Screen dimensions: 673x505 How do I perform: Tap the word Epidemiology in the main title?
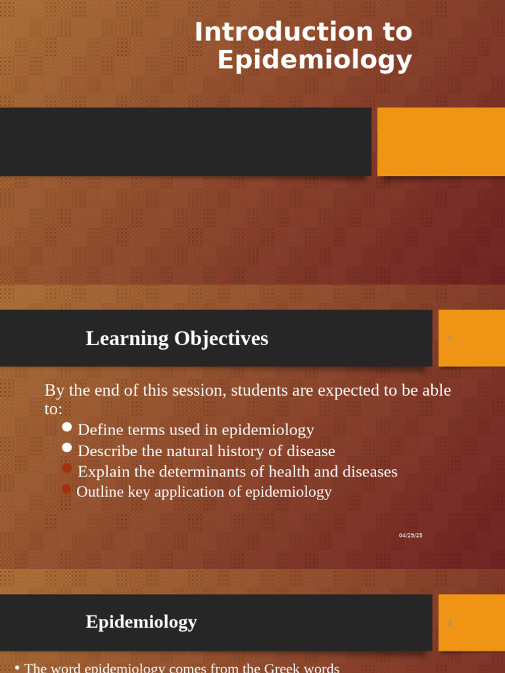click(x=314, y=60)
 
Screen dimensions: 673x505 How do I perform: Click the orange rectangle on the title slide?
click(x=441, y=142)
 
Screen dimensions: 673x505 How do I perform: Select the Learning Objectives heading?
click(x=177, y=338)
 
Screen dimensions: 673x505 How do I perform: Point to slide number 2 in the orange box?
click(x=450, y=338)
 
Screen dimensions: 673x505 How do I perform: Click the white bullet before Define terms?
click(x=67, y=427)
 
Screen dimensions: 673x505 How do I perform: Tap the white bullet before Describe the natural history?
click(x=67, y=448)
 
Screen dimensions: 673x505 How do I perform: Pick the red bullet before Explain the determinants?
click(x=67, y=469)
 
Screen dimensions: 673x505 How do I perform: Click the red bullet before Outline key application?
click(x=66, y=489)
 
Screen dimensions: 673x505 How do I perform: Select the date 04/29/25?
click(x=410, y=535)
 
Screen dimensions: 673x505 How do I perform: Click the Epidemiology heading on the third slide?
click(x=141, y=622)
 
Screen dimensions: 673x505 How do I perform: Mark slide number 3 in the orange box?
click(x=450, y=622)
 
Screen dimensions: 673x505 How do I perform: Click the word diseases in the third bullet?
click(x=370, y=472)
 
